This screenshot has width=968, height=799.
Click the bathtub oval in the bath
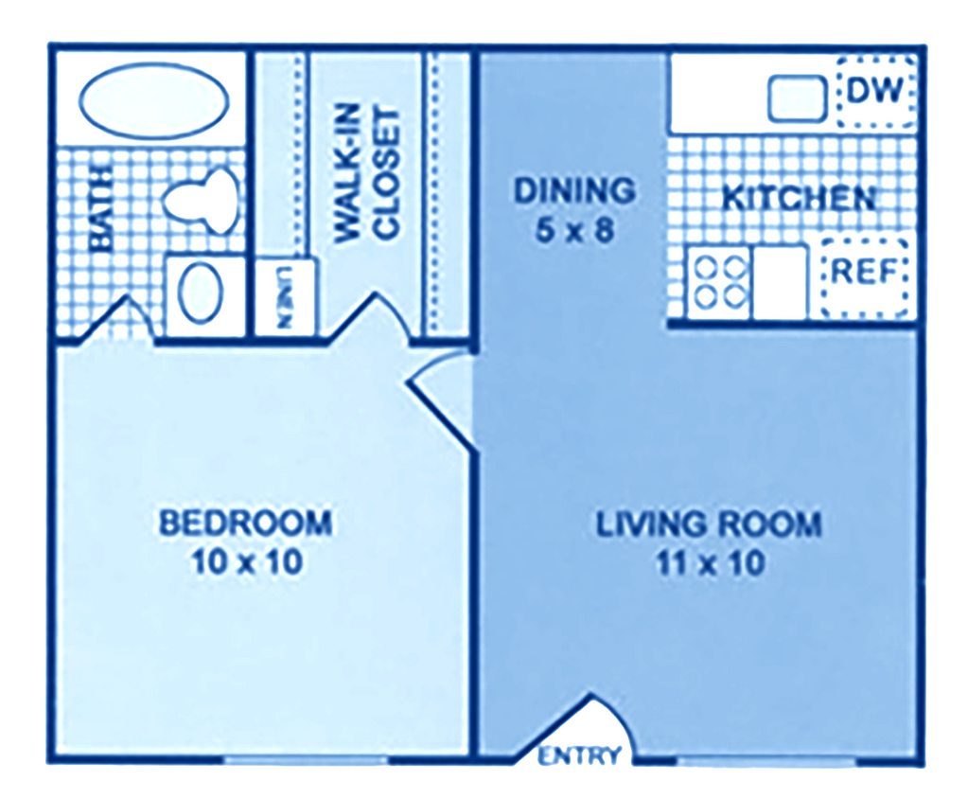click(152, 104)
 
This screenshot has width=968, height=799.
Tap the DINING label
click(573, 190)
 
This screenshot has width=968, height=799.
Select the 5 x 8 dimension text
click(574, 231)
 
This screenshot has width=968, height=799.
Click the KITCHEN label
click(797, 198)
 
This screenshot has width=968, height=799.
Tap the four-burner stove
click(717, 282)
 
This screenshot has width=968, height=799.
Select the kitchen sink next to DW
click(797, 99)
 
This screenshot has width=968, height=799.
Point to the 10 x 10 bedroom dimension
click(245, 562)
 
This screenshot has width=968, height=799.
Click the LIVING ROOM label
click(708, 524)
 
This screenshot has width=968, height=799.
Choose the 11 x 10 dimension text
click(709, 564)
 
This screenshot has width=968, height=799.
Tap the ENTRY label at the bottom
click(582, 755)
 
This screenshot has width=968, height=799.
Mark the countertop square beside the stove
click(781, 282)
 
